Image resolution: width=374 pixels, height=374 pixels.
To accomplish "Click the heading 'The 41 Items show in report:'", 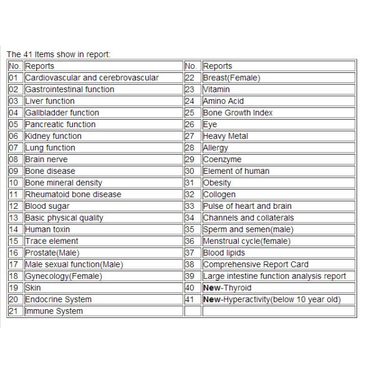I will (x=59, y=54).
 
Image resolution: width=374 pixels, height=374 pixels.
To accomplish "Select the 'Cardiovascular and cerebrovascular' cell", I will (x=92, y=78).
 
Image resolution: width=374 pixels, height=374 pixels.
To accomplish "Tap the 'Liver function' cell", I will (x=50, y=101).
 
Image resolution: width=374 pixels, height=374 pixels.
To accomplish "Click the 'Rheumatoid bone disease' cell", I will (x=73, y=194).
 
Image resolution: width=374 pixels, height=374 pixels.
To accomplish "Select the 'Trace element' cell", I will (x=52, y=241).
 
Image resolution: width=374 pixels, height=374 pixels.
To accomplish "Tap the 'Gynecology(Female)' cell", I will (x=63, y=276).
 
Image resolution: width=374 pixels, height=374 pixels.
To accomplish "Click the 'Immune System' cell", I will (x=54, y=311).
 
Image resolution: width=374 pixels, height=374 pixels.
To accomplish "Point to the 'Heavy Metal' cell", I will (x=225, y=136).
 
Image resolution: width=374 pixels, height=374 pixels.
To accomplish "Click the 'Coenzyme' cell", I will (x=222, y=160).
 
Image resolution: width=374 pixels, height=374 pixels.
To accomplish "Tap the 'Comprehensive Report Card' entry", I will (x=256, y=264).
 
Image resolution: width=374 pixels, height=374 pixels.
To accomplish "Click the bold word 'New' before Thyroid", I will (x=212, y=288).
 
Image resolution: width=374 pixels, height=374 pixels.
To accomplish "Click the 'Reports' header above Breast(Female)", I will (x=218, y=66).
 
